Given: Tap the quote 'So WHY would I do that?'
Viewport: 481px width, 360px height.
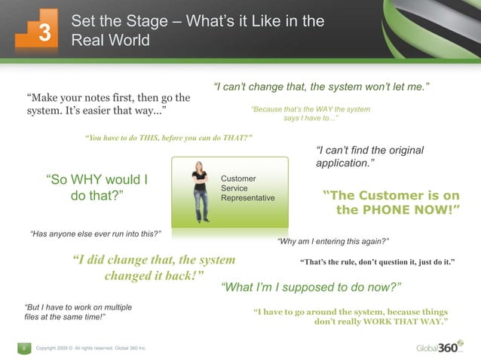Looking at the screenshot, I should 97,188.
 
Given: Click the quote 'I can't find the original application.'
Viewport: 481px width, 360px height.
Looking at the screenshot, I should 369,157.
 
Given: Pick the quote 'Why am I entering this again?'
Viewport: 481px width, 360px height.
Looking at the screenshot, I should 333,242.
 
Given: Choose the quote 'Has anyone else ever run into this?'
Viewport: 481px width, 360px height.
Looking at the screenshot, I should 95,233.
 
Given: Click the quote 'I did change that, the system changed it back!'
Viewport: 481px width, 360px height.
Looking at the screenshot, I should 154,267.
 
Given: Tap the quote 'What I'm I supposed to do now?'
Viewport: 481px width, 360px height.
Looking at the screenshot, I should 311,288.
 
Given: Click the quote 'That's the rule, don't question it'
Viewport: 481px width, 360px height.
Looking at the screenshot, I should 377,263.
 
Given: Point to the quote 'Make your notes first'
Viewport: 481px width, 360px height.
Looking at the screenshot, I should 108,105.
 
